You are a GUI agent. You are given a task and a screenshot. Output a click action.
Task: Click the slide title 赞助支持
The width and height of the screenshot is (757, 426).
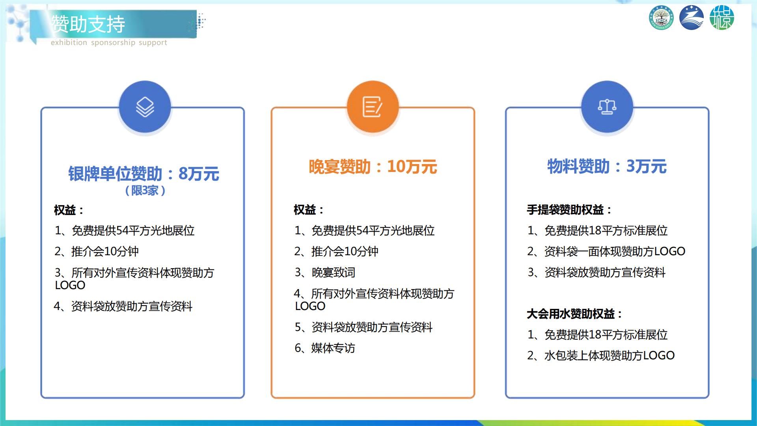pos(88,24)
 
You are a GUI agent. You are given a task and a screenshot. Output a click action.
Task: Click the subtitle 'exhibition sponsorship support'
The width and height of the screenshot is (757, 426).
pos(109,43)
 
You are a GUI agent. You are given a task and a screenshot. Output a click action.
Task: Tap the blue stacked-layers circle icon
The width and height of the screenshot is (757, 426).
pos(145,106)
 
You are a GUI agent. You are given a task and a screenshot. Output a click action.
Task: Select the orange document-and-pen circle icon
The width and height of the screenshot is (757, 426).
pos(373,106)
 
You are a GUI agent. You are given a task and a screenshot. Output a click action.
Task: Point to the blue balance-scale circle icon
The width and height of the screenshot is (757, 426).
pos(607,106)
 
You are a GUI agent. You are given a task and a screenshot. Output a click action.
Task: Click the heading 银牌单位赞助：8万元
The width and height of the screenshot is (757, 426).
pos(144,174)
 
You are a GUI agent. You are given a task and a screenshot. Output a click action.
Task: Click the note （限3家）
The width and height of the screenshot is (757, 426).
pos(145,191)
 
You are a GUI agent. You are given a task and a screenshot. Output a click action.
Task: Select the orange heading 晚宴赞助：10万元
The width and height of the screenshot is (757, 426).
pos(373,166)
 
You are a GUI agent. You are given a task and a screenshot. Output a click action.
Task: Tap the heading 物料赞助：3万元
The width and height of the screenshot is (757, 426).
pos(607,166)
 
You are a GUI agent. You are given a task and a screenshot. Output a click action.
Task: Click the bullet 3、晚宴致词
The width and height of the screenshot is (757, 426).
pos(325,272)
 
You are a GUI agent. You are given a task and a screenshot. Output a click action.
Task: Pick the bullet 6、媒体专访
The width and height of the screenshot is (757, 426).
pos(325,348)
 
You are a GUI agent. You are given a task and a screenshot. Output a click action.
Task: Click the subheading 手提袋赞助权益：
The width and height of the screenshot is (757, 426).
pos(569,209)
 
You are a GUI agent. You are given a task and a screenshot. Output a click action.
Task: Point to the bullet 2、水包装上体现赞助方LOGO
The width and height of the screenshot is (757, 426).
pos(601,355)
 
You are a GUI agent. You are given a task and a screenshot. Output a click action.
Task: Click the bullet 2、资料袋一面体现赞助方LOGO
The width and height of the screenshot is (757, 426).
pos(606,251)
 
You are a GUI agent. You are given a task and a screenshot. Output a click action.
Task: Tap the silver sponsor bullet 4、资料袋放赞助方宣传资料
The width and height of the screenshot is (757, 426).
pos(123,306)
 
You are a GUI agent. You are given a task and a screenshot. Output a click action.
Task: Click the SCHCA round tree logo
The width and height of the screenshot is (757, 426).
pos(661,18)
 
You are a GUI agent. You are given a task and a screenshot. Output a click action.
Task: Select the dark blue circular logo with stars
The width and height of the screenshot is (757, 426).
pos(692,18)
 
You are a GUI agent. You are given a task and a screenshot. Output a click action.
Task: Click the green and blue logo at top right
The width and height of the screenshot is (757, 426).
pos(722,18)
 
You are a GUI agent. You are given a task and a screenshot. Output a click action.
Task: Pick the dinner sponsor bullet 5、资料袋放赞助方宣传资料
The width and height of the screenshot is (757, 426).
pos(364,327)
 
